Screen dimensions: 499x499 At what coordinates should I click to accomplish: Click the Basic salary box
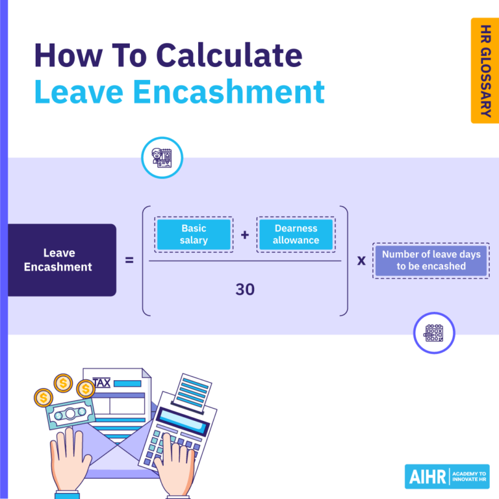tap(194, 235)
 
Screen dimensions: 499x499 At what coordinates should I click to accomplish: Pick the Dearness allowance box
tap(296, 235)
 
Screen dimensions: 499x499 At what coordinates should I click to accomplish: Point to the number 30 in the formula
tap(245, 290)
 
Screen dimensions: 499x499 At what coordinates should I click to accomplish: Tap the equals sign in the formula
tap(129, 261)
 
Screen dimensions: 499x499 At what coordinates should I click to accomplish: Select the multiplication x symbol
tap(361, 261)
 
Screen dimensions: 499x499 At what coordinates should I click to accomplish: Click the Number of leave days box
tap(431, 261)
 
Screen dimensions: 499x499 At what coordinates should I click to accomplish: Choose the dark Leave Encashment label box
tap(62, 260)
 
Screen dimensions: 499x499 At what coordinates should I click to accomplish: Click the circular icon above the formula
tap(162, 157)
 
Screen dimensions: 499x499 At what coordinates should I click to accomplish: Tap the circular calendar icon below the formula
tap(434, 333)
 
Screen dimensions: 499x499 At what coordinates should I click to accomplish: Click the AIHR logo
tap(446, 476)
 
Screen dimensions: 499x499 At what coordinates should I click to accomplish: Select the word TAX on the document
tap(101, 383)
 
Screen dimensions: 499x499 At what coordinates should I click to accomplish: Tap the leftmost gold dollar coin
tap(44, 396)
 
